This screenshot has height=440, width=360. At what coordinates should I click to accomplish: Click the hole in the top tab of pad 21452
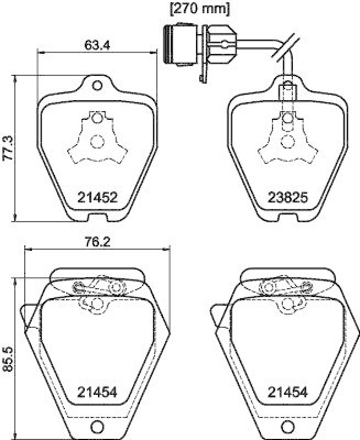[97, 86]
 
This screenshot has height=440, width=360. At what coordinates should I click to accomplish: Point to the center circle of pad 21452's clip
[97, 142]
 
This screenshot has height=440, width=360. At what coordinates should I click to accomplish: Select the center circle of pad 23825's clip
[287, 142]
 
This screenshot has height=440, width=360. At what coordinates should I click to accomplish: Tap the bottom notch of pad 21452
[98, 218]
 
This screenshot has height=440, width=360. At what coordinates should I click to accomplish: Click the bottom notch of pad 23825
[287, 218]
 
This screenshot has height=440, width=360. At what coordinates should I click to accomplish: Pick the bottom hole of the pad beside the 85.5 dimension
[97, 426]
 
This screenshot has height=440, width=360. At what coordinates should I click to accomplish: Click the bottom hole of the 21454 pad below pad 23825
[287, 426]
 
